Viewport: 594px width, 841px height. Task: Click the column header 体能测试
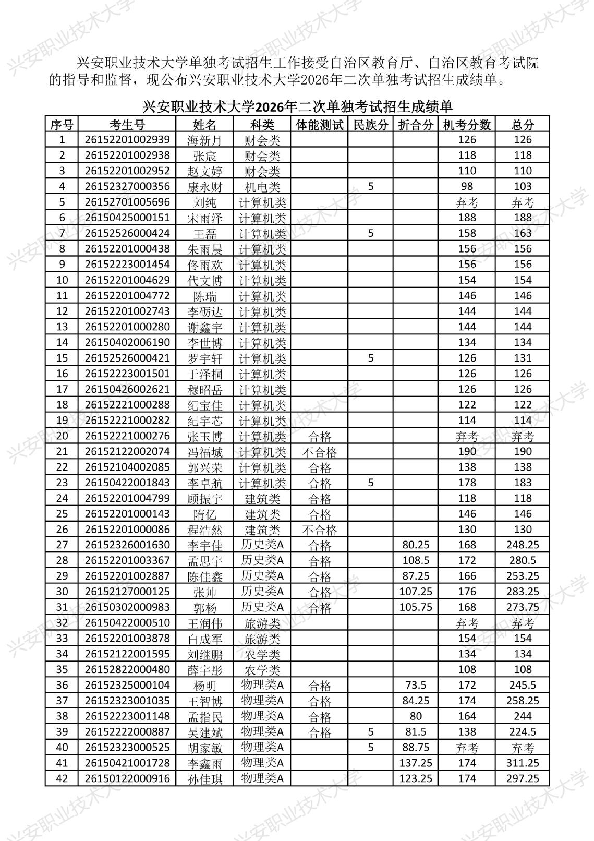coord(320,125)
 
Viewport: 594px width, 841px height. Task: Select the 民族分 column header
coord(370,125)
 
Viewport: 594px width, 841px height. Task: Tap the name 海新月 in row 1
coord(204,140)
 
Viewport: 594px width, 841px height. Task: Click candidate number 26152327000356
coord(127,186)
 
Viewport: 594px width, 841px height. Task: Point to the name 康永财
coord(204,187)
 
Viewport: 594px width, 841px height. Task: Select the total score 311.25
coord(522,763)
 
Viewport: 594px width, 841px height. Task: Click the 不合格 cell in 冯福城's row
coord(320,452)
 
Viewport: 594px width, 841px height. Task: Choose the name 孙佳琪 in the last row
coord(204,779)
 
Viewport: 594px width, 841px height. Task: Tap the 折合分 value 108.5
coord(416,561)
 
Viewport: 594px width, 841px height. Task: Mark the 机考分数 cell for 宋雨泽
coord(467,218)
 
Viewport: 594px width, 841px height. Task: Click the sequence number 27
coord(62,545)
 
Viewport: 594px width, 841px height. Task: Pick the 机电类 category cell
coord(262,187)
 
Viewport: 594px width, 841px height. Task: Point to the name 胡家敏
coord(204,748)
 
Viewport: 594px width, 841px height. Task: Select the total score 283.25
coord(522,592)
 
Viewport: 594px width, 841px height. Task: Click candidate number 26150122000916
coord(127,778)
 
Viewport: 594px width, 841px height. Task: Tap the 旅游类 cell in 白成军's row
coord(262,639)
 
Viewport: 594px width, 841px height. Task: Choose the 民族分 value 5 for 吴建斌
coord(370,731)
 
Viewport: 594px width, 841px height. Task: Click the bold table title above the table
coord(297,107)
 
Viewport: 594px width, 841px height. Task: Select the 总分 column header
coord(522,125)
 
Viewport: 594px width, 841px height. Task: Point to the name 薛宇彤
coord(204,670)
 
